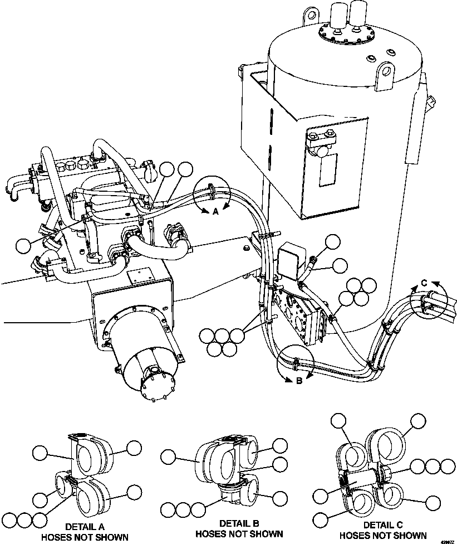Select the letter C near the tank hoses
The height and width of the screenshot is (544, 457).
click(x=424, y=283)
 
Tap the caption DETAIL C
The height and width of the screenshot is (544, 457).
click(x=383, y=525)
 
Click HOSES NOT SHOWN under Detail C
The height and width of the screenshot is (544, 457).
click(x=383, y=536)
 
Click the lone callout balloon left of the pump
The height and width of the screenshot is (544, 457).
click(x=24, y=245)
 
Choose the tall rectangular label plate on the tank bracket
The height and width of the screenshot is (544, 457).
click(x=328, y=170)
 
